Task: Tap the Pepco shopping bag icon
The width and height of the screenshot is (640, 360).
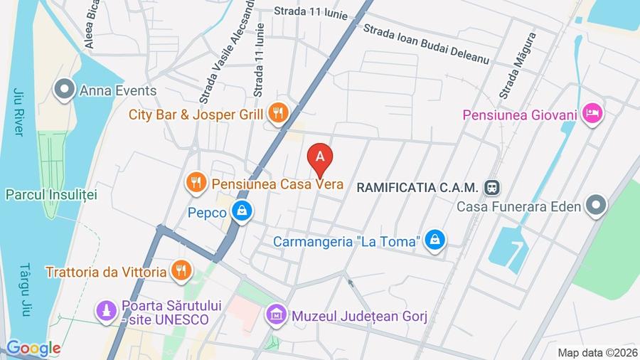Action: [242, 212]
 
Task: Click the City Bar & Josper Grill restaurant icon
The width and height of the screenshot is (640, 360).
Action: [277, 112]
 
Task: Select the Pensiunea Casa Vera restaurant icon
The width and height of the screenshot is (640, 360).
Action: [196, 184]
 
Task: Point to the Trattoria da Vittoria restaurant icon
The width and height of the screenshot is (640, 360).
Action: [180, 271]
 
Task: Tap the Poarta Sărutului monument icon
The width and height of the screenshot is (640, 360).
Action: [107, 311]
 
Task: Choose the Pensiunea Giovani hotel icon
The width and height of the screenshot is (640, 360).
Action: [592, 113]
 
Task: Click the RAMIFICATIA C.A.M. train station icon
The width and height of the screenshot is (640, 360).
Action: [490, 186]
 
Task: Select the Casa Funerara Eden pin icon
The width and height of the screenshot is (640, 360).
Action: [594, 206]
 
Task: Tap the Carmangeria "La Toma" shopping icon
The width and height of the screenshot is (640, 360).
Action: [434, 241]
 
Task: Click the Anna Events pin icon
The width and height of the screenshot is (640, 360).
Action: [65, 90]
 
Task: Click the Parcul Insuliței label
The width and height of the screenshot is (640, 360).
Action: [51, 194]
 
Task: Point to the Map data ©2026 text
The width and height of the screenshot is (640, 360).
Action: [597, 352]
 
